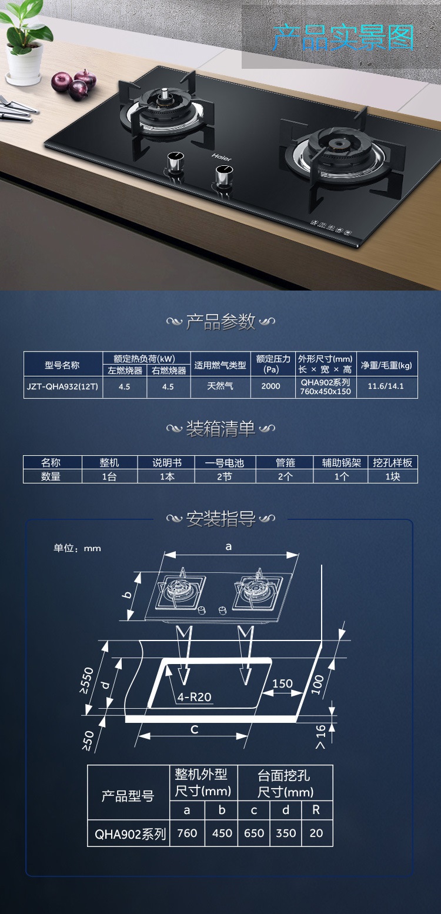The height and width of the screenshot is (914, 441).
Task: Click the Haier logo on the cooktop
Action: click(222, 157)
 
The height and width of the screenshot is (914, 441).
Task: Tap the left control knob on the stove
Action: click(174, 161)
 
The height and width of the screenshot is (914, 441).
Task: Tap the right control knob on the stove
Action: click(222, 175)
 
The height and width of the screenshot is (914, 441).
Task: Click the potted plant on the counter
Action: click(24, 44)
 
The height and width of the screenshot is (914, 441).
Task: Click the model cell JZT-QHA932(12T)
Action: click(62, 386)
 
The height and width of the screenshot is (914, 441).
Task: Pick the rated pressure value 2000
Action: click(270, 386)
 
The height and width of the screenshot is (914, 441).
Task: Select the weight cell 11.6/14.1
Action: click(386, 386)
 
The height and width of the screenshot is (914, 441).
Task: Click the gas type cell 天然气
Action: click(220, 386)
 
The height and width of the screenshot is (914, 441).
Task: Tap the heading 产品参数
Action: click(220, 322)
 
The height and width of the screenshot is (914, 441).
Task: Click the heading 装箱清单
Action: click(220, 429)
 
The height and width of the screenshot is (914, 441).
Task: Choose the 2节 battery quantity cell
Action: click(224, 477)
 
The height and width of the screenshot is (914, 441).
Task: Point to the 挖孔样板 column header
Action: click(392, 463)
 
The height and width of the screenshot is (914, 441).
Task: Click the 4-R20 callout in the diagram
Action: click(194, 698)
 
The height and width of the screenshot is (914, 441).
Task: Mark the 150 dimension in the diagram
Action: click(282, 683)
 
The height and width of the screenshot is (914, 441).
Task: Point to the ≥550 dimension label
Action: click(88, 681)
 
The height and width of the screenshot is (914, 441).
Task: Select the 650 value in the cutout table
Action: click(254, 833)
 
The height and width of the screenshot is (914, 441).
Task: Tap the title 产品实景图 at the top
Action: click(343, 38)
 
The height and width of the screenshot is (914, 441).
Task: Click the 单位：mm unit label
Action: click(77, 548)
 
